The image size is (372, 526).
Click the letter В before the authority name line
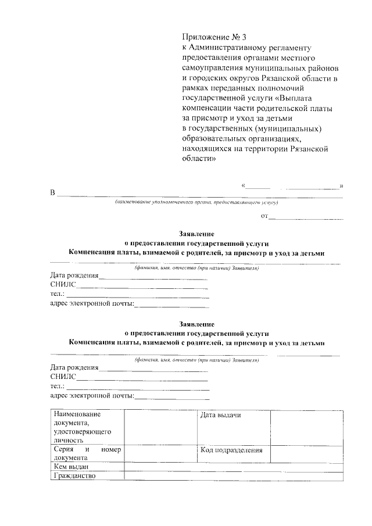[52, 193]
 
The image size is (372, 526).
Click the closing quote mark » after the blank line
[342, 185]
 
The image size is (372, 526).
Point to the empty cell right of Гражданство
[233, 476]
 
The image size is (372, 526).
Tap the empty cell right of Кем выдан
[233, 467]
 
